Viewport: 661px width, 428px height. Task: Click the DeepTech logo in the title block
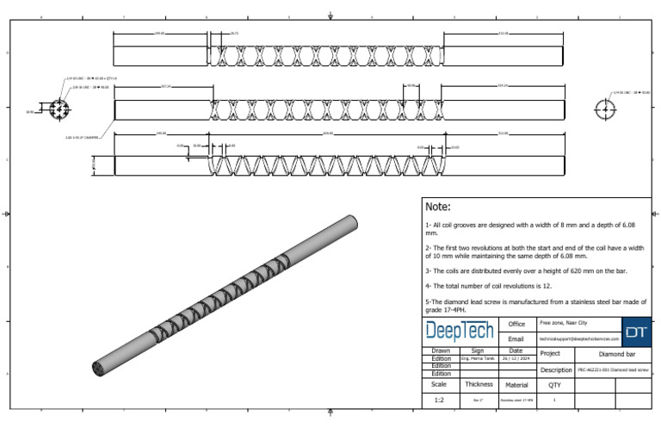click(x=459, y=332)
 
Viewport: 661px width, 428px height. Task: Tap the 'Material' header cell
click(x=516, y=385)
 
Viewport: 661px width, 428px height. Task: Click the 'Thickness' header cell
click(x=479, y=385)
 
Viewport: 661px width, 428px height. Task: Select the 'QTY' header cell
click(x=554, y=385)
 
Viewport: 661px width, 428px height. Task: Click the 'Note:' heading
click(x=438, y=207)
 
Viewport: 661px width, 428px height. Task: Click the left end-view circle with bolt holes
click(x=59, y=110)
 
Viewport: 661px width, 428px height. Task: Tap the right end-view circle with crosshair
click(x=605, y=109)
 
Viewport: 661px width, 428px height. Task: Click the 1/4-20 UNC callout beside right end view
click(x=631, y=91)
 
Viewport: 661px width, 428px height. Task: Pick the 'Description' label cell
click(x=556, y=369)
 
